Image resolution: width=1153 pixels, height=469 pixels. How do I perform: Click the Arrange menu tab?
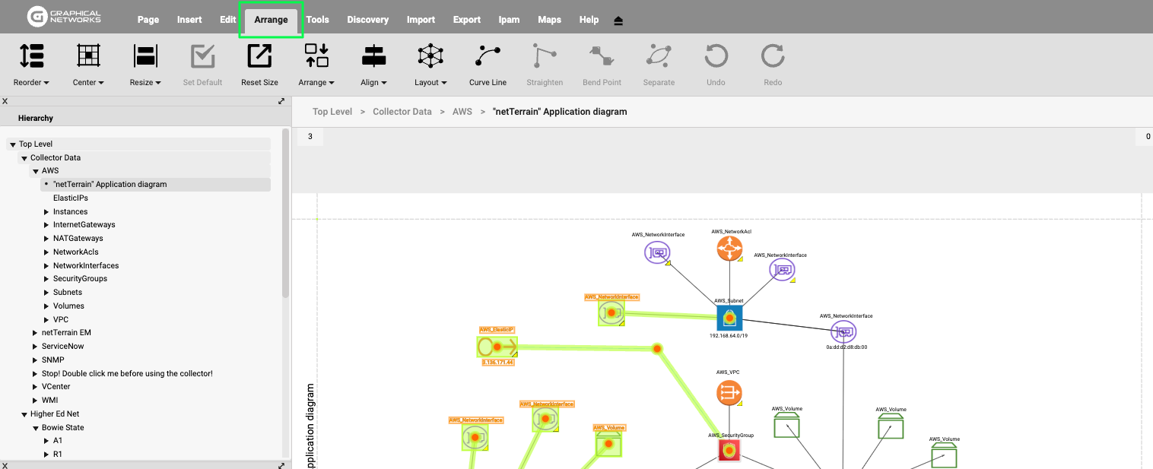point(271,20)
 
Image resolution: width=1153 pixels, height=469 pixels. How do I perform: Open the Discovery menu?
point(367,20)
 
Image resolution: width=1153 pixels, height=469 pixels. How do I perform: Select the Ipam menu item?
point(509,20)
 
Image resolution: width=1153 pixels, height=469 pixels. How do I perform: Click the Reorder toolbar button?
point(31,65)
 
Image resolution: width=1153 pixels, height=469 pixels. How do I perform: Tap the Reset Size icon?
point(259,65)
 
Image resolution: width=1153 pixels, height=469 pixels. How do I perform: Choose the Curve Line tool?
point(488,65)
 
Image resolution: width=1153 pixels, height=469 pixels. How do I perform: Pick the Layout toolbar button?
point(430,65)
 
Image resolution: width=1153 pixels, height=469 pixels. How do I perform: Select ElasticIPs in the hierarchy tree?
point(71,198)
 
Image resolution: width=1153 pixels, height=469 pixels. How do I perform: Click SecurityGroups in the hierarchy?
point(80,279)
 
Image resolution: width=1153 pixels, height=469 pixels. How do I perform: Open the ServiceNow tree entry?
point(62,346)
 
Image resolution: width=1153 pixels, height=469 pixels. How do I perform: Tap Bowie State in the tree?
point(62,427)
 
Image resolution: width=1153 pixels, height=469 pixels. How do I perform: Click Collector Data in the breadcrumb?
point(402,112)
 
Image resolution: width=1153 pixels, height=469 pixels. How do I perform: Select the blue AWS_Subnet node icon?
point(729,318)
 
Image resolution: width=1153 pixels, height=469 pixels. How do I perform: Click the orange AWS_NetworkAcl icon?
point(729,249)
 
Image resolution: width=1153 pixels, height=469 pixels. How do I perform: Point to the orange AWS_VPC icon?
point(729,393)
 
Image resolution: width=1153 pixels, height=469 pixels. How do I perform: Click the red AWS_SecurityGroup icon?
point(729,451)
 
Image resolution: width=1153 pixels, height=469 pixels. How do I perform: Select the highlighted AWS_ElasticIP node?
point(497,347)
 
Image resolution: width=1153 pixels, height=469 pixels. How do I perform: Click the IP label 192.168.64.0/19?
point(729,335)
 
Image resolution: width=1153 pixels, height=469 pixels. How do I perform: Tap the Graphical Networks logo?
point(64,17)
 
